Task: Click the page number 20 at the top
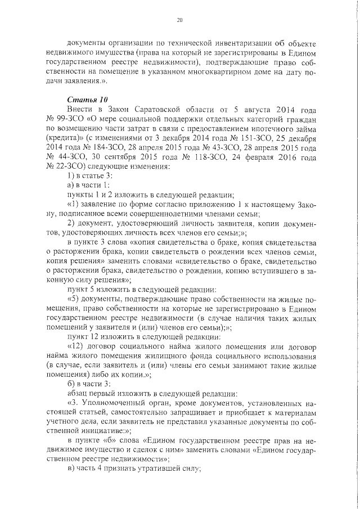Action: [180, 20]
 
